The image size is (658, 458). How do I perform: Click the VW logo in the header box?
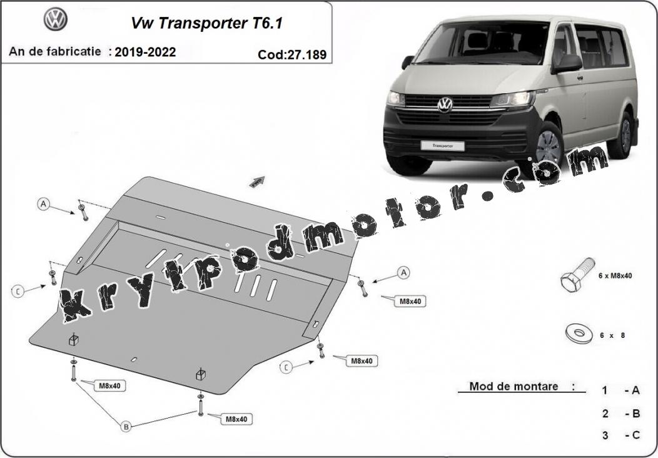tap(56, 19)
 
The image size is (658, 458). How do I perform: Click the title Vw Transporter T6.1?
tap(207, 23)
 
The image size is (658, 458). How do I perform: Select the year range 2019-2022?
tap(145, 52)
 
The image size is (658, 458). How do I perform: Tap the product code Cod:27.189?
tap(292, 54)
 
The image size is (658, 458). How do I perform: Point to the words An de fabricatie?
tap(55, 52)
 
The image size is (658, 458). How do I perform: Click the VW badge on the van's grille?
tap(445, 104)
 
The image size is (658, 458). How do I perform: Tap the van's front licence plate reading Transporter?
tap(442, 146)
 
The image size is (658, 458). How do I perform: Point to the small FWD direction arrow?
tap(257, 181)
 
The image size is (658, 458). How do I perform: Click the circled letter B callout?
tap(126, 427)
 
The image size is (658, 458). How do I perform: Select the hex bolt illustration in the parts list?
tap(577, 275)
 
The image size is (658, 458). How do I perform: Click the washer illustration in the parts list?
tap(580, 333)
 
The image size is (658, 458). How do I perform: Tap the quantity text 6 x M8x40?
tap(615, 276)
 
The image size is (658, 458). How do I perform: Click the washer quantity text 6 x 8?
tap(612, 335)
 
